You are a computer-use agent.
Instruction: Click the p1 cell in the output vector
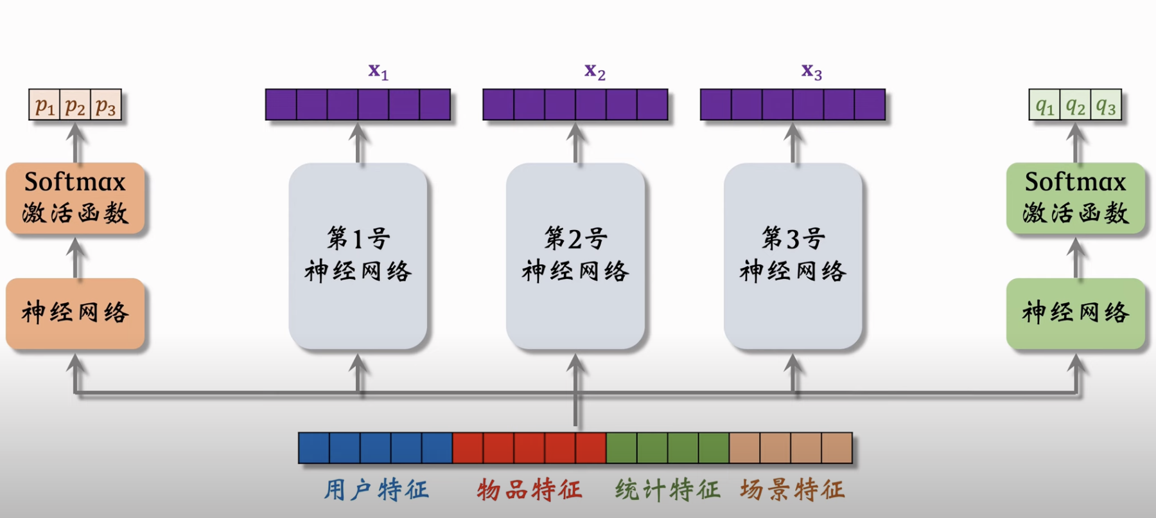[x=44, y=105]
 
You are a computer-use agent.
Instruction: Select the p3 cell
[x=106, y=105]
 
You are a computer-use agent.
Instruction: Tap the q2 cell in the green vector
[x=1075, y=105]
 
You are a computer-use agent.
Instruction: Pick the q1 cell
[x=1045, y=105]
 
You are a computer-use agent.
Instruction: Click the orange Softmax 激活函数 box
[x=75, y=197]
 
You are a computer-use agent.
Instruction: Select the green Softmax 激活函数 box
[x=1075, y=197]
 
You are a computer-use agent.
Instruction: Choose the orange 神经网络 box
[x=75, y=313]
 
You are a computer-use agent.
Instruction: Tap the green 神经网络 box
[x=1075, y=313]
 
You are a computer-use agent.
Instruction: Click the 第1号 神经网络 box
[x=358, y=255]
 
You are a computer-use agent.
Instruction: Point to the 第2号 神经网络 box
[x=575, y=255]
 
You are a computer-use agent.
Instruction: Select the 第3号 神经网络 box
[x=793, y=255]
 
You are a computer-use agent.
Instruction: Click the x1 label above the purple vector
[x=378, y=71]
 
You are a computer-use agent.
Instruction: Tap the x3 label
[x=811, y=71]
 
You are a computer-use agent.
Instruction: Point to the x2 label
[x=595, y=71]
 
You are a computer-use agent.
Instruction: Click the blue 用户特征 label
[x=376, y=490]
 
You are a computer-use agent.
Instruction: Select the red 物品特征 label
[x=529, y=490]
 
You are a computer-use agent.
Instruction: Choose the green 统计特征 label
[x=667, y=490]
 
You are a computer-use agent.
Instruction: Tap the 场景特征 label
[x=792, y=490]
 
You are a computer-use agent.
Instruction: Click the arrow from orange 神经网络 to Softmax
[x=76, y=257]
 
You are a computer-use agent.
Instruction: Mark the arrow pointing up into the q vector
[x=1076, y=143]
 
